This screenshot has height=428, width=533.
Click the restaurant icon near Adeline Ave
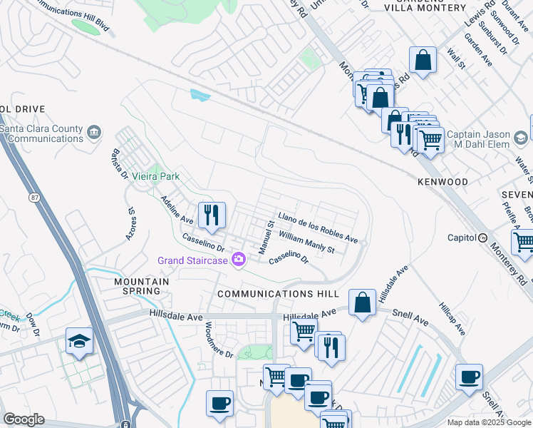coord(212,215)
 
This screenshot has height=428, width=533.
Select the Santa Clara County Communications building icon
coord(93,132)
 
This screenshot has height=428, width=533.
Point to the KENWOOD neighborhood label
coord(443,182)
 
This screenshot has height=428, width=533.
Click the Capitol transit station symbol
coord(482,238)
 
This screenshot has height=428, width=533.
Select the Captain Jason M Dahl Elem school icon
coord(522,136)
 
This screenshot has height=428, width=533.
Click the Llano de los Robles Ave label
coord(318,226)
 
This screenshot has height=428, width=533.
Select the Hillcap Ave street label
coord(452,319)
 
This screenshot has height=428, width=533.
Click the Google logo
coord(24,419)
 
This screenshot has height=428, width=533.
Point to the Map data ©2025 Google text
coord(488,422)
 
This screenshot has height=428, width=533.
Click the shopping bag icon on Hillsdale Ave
coord(363,302)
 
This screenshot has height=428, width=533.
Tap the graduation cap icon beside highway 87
coord(79,341)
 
